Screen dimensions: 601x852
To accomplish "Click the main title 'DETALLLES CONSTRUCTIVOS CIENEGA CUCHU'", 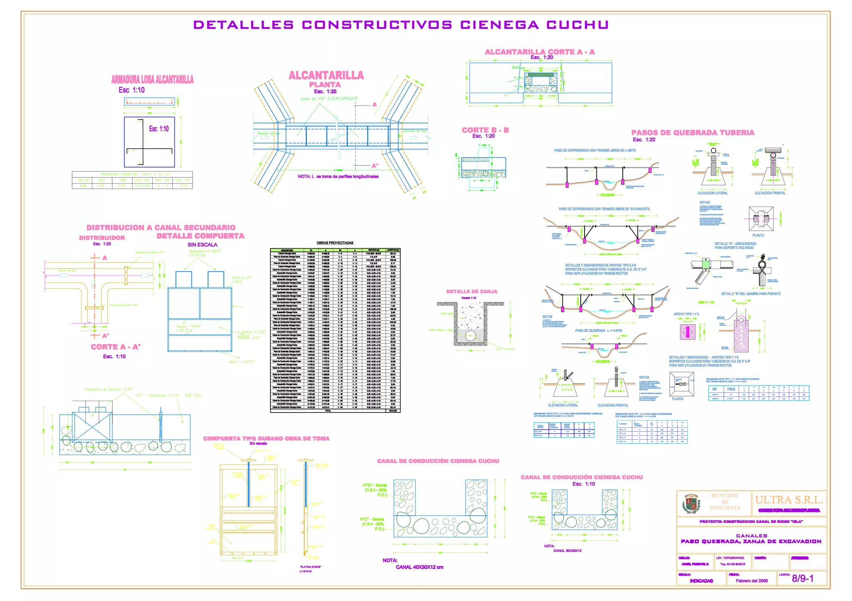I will [x=401, y=25].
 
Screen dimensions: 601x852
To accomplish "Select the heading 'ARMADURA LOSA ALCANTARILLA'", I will [x=152, y=79].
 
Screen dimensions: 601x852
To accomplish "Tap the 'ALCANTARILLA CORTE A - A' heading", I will [x=540, y=52].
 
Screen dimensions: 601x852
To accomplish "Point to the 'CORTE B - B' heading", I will [x=485, y=130].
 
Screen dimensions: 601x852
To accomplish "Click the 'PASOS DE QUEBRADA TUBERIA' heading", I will [x=693, y=133].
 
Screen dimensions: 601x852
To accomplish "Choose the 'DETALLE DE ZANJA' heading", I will [x=472, y=291].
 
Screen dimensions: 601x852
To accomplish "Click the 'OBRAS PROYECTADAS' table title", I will [x=335, y=243].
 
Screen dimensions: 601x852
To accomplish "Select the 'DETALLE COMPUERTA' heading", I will [x=201, y=236].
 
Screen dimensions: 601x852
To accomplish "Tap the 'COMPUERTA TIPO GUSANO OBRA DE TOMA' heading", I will [x=266, y=438].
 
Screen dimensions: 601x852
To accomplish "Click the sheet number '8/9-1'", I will [x=802, y=578].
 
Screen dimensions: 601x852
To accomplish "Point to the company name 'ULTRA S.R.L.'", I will [x=789, y=500].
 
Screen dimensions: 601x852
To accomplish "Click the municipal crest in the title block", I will [x=691, y=504].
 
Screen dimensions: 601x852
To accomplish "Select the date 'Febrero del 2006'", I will [x=751, y=581].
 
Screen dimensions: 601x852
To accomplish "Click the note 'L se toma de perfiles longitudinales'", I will [x=338, y=177].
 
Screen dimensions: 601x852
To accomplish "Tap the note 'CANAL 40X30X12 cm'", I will [x=419, y=567].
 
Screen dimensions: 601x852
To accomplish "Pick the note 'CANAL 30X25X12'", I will [x=567, y=551].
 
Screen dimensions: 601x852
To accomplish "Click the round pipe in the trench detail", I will [x=470, y=336].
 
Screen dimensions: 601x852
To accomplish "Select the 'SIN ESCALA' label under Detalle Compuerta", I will [x=202, y=245].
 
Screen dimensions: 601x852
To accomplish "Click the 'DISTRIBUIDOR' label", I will [x=102, y=238].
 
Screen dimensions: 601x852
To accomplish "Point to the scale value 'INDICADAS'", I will [x=701, y=581].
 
